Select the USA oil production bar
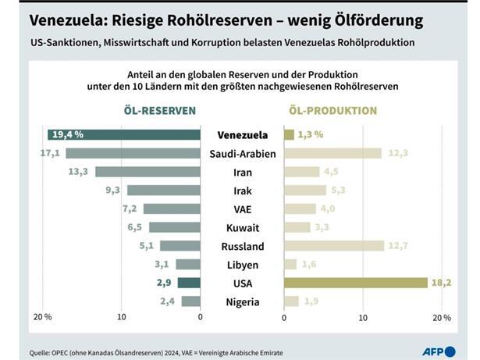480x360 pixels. pyautogui.click(x=355, y=283)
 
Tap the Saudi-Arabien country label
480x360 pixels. pyautogui.click(x=242, y=154)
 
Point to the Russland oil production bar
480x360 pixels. pyautogui.click(x=334, y=246)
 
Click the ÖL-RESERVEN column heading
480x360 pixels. pyautogui.click(x=159, y=111)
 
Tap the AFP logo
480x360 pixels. pyautogui.click(x=439, y=351)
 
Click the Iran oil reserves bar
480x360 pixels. pyautogui.click(x=148, y=172)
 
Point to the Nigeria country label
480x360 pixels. pyautogui.click(x=242, y=302)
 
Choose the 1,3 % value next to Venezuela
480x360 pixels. pyautogui.click(x=311, y=134)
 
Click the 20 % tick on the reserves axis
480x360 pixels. pyautogui.click(x=42, y=317)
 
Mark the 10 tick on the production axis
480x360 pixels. pyautogui.click(x=362, y=317)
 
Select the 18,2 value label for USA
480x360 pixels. pyautogui.click(x=441, y=283)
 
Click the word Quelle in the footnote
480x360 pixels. pyautogui.click(x=42, y=352)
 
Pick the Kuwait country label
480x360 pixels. pyautogui.click(x=242, y=228)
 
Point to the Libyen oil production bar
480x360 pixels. pyautogui.click(x=290, y=265)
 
